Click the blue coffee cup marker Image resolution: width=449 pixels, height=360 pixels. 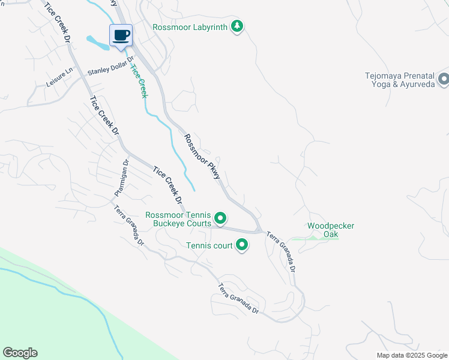[121, 35]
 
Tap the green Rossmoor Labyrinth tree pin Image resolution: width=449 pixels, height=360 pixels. [238, 26]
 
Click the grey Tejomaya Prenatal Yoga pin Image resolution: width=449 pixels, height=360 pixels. [444, 79]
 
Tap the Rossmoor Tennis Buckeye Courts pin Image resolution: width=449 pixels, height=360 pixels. [220, 218]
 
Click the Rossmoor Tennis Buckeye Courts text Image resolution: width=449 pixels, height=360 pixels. [178, 219]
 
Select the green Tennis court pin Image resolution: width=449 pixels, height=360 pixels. [242, 245]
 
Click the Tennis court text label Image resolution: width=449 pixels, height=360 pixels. [209, 245]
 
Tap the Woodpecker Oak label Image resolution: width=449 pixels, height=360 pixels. [331, 230]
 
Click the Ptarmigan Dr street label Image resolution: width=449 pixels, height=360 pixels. [122, 178]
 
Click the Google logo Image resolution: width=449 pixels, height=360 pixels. [20, 353]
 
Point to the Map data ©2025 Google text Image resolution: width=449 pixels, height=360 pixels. [411, 355]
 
